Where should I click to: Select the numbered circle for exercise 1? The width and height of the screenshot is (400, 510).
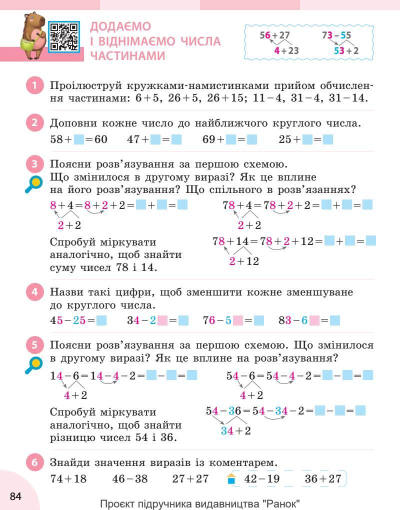[34, 85]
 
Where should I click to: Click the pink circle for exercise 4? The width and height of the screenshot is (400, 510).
[34, 291]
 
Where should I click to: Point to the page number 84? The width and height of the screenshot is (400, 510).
[15, 496]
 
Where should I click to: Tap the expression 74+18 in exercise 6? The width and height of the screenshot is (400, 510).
[68, 479]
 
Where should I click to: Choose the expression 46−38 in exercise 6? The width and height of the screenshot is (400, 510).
[130, 479]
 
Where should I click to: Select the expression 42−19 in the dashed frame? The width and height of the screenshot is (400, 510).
[261, 479]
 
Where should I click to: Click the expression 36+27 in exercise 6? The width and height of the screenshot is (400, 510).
[322, 479]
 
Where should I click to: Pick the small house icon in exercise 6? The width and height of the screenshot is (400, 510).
[230, 479]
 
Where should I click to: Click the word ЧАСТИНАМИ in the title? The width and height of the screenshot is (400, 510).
[127, 56]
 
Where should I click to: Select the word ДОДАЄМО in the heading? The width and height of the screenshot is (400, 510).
[120, 26]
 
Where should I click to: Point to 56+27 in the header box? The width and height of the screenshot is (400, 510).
[274, 35]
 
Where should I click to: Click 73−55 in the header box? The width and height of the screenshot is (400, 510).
[336, 35]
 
